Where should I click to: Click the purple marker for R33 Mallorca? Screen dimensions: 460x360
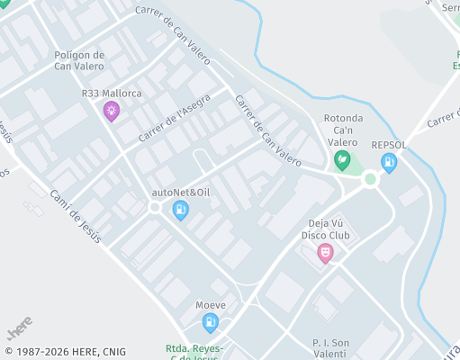112,112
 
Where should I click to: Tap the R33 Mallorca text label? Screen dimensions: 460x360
112,94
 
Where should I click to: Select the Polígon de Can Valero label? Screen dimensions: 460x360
79,60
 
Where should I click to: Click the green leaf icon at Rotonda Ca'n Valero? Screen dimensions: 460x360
342,161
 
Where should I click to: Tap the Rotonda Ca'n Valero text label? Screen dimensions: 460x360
342,130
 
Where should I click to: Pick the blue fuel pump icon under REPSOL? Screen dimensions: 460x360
389,163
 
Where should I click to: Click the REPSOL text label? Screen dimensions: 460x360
389,145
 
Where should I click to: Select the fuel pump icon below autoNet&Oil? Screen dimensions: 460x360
181,211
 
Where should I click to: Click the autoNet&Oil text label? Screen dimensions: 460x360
181,193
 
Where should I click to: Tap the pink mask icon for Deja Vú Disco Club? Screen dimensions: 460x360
326,254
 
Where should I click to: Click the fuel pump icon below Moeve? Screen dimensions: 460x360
211,322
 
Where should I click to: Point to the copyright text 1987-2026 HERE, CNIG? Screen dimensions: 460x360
65,352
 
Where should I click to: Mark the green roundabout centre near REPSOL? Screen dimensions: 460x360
370,179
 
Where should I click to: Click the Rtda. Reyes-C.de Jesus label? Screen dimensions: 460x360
194,352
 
